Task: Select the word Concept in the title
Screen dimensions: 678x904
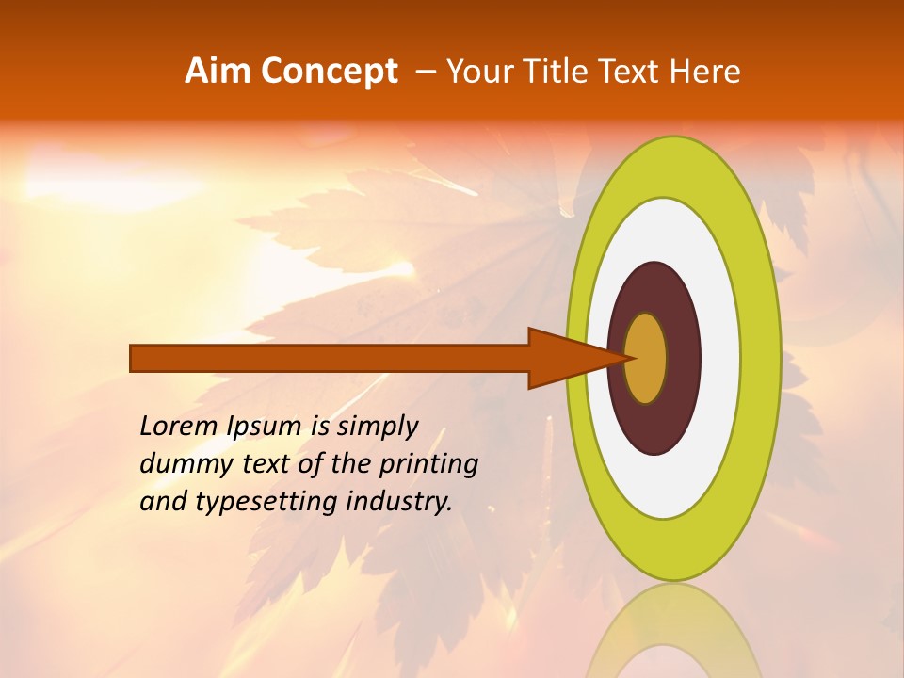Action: click(330, 72)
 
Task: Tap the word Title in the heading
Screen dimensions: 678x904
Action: click(569, 72)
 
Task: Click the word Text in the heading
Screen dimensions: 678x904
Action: click(637, 72)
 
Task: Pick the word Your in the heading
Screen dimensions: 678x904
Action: click(486, 72)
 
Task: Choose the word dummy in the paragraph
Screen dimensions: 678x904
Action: click(183, 464)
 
